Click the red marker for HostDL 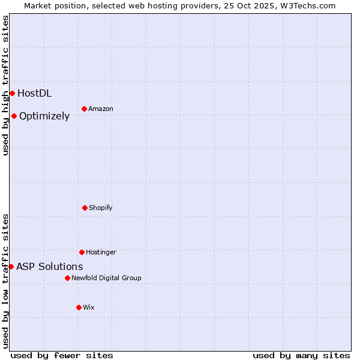pyautogui.click(x=12, y=93)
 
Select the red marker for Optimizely pyautogui.click(x=14, y=116)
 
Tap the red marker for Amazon pyautogui.click(x=84, y=109)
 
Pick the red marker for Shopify pyautogui.click(x=85, y=208)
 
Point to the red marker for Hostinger pyautogui.click(x=82, y=252)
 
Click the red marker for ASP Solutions pyautogui.click(x=11, y=266)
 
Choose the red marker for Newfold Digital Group pyautogui.click(x=67, y=278)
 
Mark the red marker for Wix pyautogui.click(x=79, y=307)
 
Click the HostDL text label pyautogui.click(x=34, y=93)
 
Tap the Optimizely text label pyautogui.click(x=44, y=116)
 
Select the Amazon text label pyautogui.click(x=101, y=109)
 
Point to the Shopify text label pyautogui.click(x=101, y=208)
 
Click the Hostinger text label pyautogui.click(x=101, y=252)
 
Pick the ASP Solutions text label pyautogui.click(x=50, y=266)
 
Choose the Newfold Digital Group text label pyautogui.click(x=106, y=278)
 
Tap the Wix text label pyautogui.click(x=89, y=307)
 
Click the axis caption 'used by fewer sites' pyautogui.click(x=62, y=355)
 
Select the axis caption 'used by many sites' pyautogui.click(x=301, y=355)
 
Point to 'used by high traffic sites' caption pyautogui.click(x=5, y=85)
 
